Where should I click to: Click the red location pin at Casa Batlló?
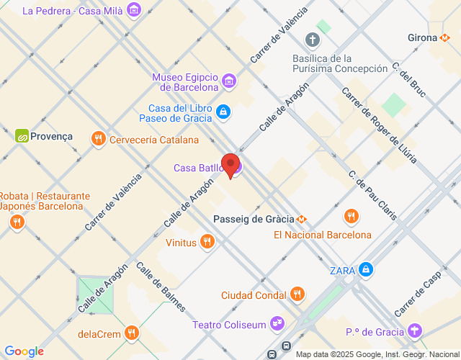(230, 165)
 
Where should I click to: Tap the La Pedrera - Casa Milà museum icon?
(133, 10)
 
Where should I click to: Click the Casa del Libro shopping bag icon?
(223, 112)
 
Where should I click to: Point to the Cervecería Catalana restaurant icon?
(99, 138)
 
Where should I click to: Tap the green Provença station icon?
(22, 135)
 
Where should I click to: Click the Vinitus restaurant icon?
(207, 242)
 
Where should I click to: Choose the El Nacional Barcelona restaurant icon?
(352, 216)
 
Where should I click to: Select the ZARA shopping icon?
(367, 270)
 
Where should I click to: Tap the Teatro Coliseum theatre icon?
(277, 324)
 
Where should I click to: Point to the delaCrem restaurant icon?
(131, 333)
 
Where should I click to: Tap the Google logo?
(24, 351)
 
